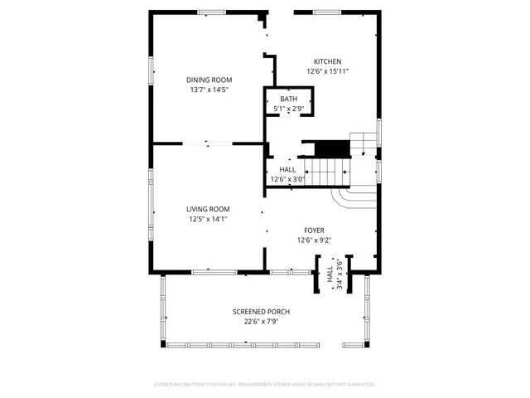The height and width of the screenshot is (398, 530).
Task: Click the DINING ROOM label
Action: click(208, 80)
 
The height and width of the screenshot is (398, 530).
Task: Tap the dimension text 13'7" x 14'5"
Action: click(208, 90)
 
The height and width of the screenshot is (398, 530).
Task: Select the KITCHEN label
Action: click(327, 61)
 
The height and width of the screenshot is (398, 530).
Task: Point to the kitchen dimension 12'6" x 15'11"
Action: click(327, 71)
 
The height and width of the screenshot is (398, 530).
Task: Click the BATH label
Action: click(287, 99)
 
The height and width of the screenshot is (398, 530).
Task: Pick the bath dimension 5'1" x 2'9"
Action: click(287, 109)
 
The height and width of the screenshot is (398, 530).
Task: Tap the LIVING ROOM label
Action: click(208, 209)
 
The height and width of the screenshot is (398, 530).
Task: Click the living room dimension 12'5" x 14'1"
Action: click(208, 219)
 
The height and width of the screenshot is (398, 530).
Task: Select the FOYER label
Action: click(314, 231)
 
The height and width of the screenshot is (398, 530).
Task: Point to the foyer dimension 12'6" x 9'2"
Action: click(314, 240)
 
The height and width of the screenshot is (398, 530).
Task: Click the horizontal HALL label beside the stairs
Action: click(287, 170)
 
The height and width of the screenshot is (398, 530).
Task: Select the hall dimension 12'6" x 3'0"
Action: click(287, 179)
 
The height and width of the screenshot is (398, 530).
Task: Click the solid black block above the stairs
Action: click(333, 148)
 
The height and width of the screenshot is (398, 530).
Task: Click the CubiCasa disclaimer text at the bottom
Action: click(265, 385)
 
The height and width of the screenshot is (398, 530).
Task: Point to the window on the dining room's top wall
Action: click(211, 12)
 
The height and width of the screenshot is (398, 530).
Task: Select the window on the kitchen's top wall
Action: click(327, 12)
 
